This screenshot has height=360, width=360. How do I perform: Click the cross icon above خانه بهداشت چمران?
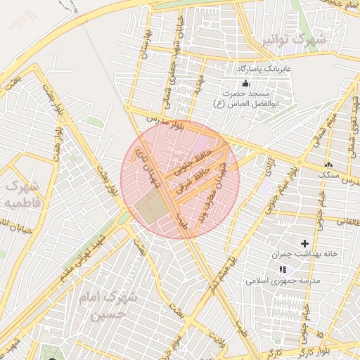(x=304, y=243)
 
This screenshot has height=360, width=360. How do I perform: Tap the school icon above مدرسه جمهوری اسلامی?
(x=283, y=269)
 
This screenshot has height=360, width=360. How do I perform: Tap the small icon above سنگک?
(x=329, y=164)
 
